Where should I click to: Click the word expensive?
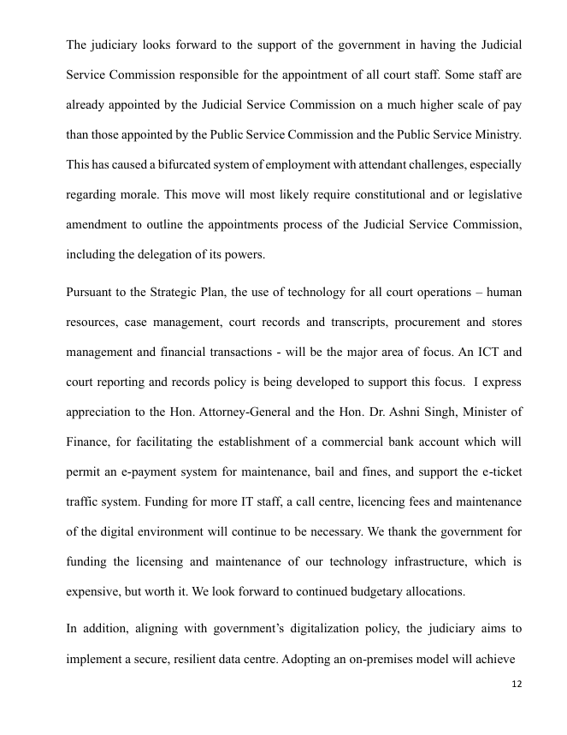(x=94, y=591)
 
